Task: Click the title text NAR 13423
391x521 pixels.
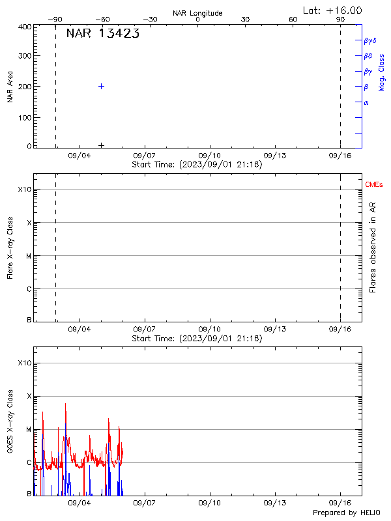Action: [102, 34]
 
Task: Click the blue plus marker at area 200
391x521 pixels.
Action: [101, 86]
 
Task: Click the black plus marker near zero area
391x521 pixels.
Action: [101, 145]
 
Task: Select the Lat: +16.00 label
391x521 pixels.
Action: [333, 10]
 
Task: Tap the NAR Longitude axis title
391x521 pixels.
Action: [197, 12]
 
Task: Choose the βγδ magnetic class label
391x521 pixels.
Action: [370, 40]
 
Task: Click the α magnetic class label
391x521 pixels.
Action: [366, 102]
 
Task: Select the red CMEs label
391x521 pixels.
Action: [374, 185]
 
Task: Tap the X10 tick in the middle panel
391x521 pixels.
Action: [24, 189]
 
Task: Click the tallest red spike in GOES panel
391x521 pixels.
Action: [66, 404]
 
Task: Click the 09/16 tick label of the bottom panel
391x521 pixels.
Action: [340, 503]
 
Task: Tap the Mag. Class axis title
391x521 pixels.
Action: [381, 72]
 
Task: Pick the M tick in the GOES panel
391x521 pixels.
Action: [27, 429]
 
